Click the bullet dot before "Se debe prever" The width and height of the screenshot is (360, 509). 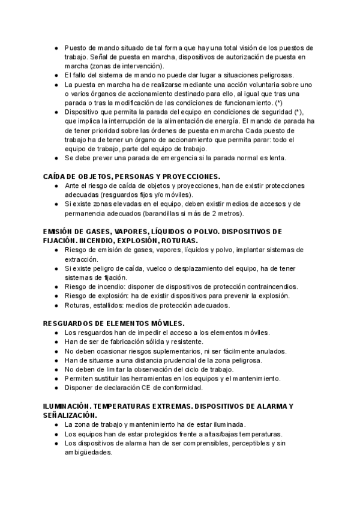56,158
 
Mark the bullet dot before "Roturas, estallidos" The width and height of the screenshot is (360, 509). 56,305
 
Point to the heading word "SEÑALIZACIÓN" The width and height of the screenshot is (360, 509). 70,415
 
